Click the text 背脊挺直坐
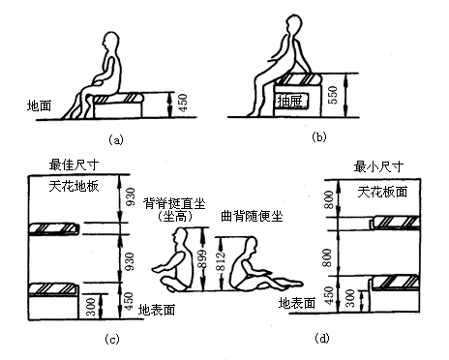point(175,201)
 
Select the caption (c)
point(113,337)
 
